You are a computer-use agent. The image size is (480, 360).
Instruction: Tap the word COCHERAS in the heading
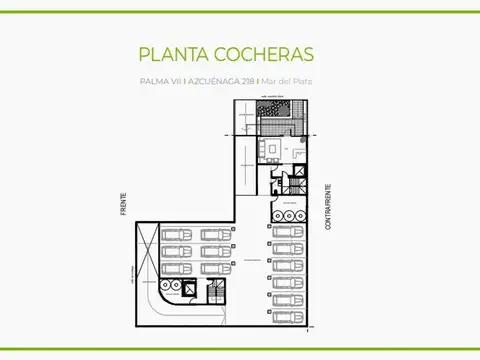tap(266, 53)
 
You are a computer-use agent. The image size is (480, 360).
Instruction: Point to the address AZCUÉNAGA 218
tap(220, 81)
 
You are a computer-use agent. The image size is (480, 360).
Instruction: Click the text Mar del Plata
tap(287, 81)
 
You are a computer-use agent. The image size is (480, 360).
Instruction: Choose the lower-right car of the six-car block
tap(214, 268)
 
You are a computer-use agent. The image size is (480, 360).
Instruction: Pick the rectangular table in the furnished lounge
tap(270, 149)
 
